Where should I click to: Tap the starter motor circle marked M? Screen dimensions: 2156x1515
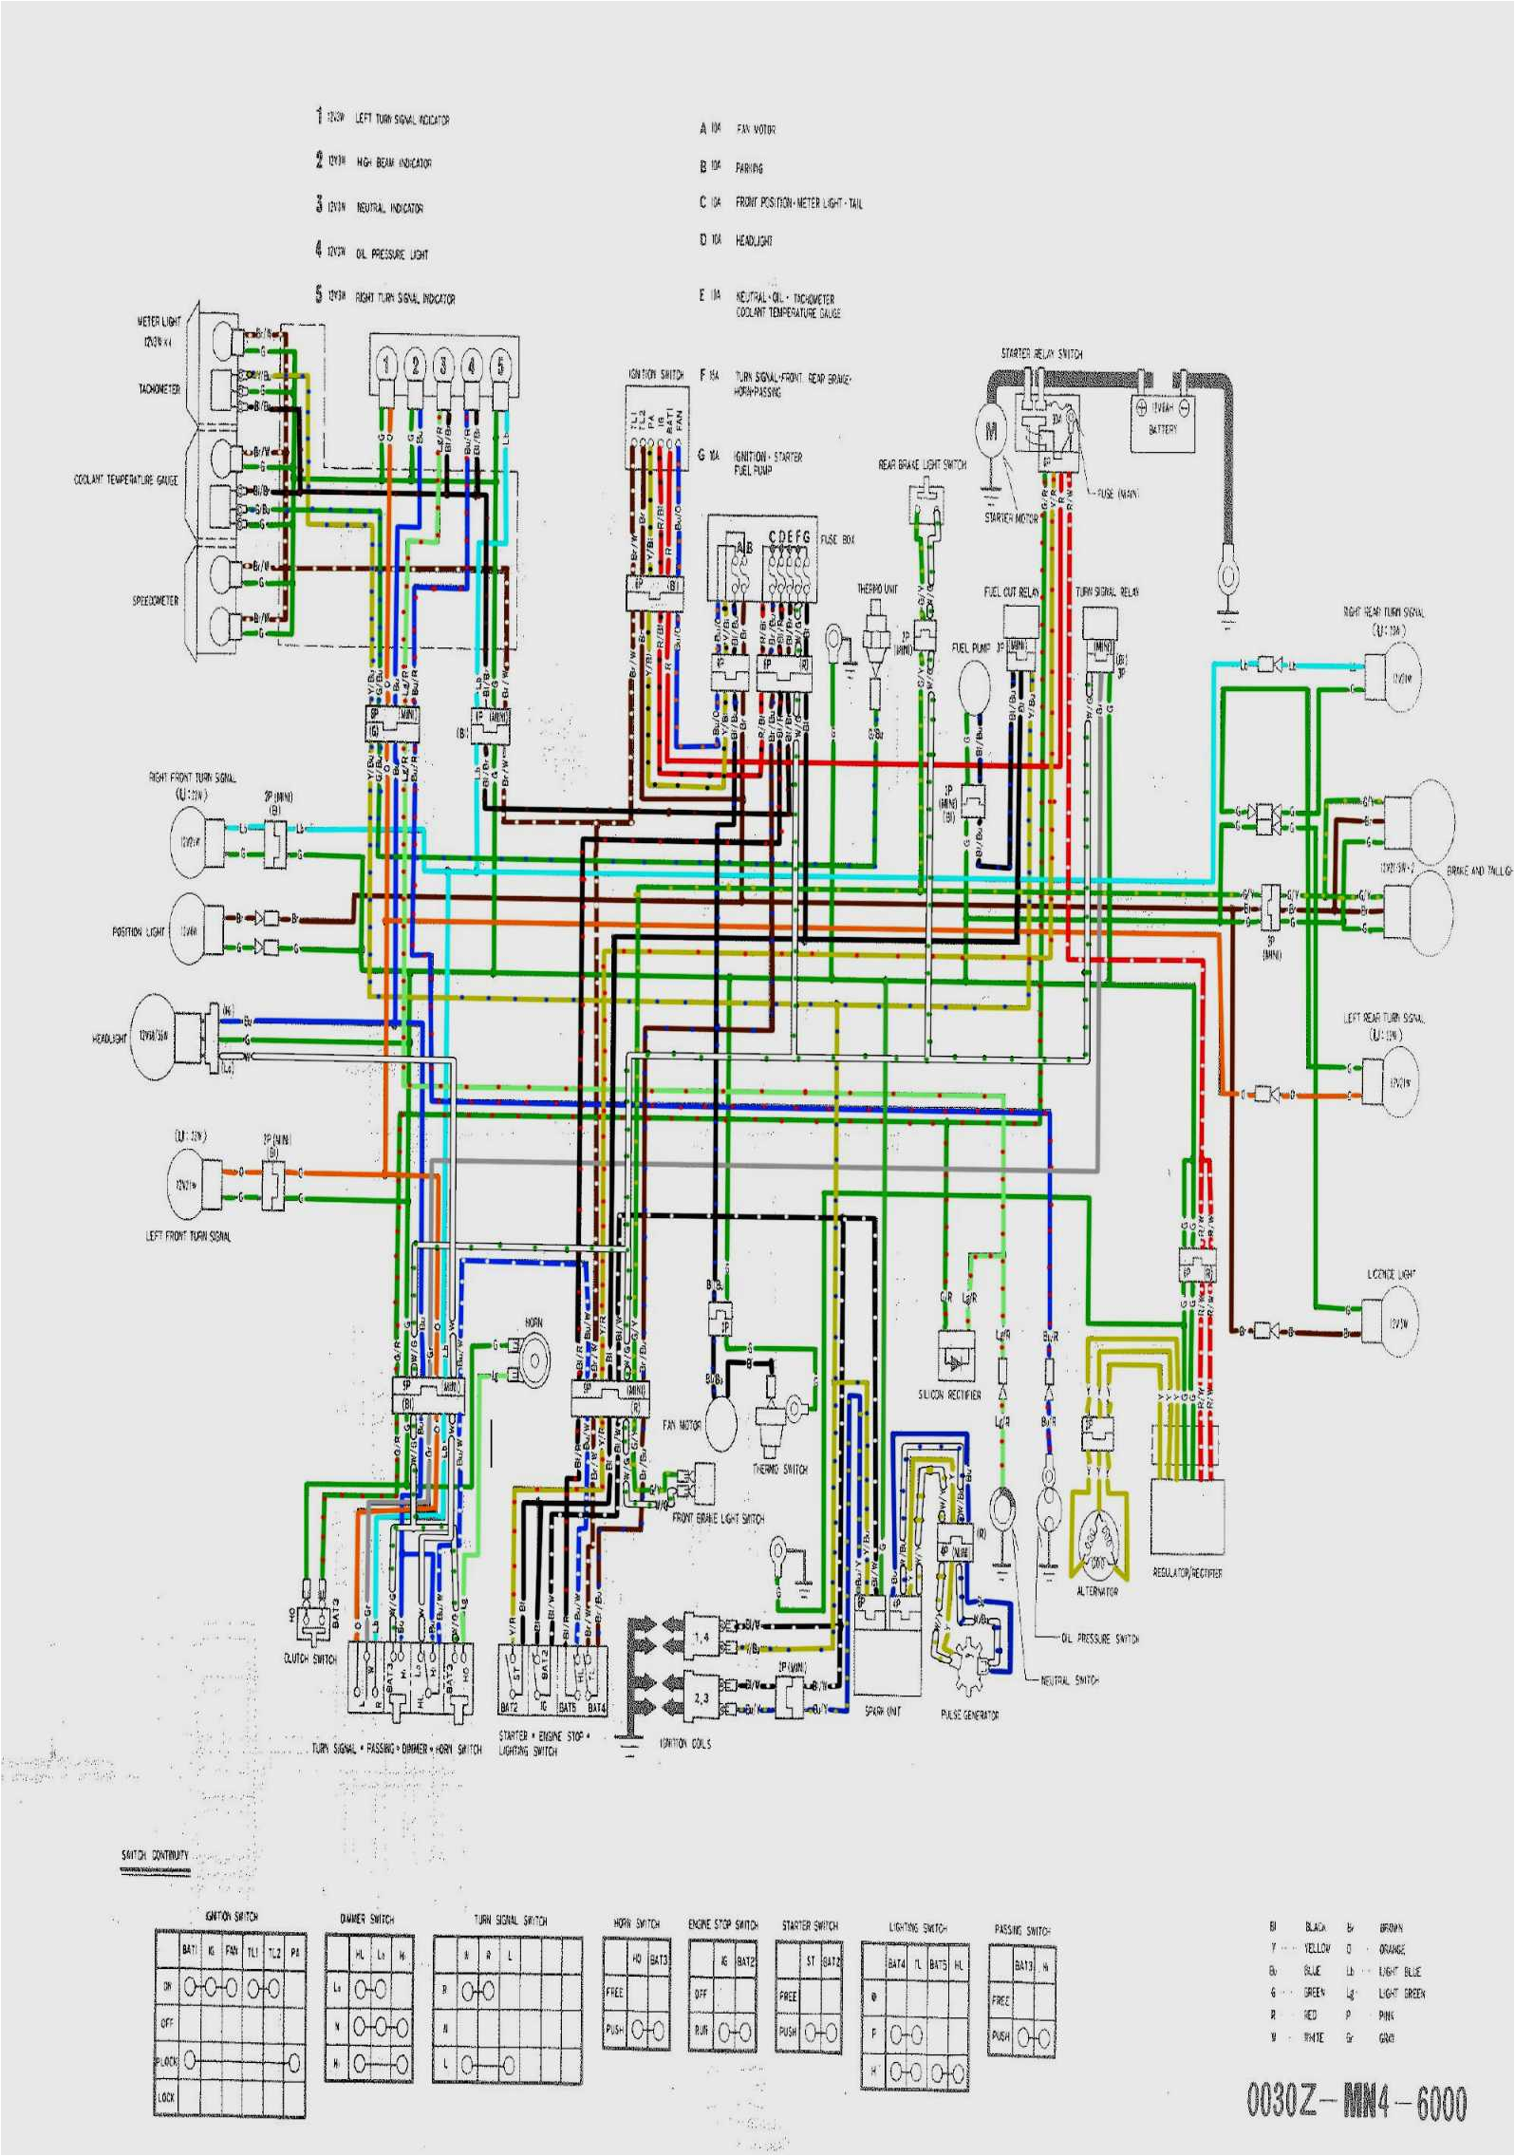point(992,432)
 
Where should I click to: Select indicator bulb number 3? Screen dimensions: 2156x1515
point(442,365)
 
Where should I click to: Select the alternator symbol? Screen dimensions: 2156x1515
point(1097,1540)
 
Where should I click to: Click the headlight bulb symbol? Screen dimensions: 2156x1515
point(156,1037)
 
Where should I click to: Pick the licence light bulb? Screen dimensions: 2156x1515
point(1391,1322)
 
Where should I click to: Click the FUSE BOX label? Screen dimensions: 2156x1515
point(837,539)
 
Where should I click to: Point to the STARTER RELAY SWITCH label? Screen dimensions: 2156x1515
point(1041,354)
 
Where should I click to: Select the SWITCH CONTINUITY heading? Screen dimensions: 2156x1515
point(155,1855)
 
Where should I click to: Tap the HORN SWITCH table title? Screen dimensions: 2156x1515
point(636,1923)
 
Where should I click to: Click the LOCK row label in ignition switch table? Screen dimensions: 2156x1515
point(166,2097)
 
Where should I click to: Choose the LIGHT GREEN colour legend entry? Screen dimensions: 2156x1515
point(1401,1994)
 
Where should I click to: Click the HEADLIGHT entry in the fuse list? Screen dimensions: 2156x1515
point(754,241)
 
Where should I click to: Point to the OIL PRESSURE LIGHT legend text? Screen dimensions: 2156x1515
point(392,254)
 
